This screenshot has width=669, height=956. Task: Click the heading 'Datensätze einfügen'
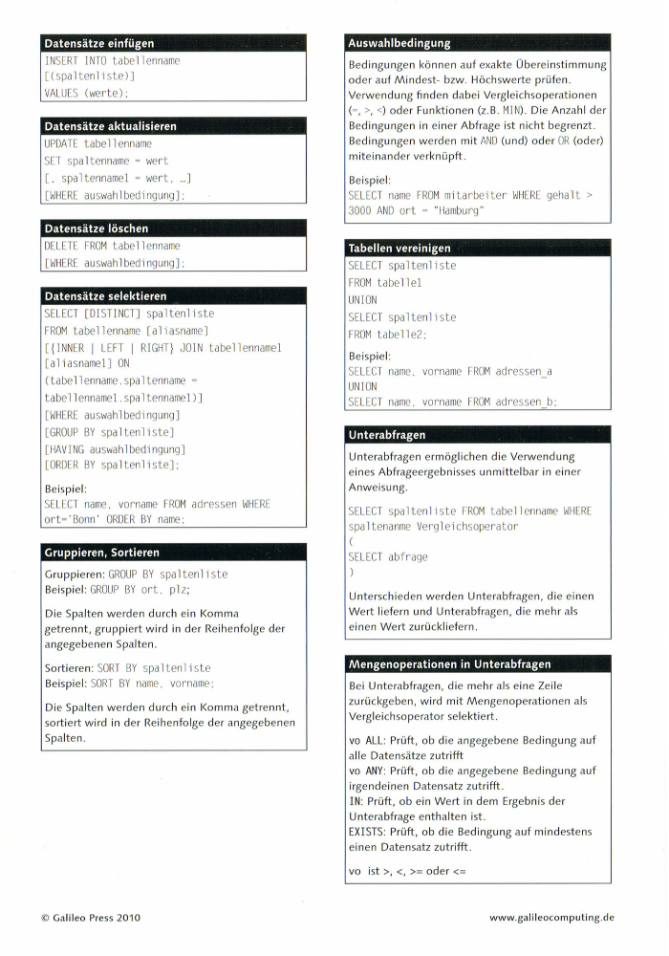(x=99, y=43)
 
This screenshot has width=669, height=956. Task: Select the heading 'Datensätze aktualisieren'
(x=111, y=126)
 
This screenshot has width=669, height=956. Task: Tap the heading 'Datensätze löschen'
(x=97, y=228)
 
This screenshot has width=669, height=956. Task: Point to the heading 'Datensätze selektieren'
(x=106, y=296)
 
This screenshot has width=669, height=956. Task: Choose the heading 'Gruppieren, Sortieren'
(x=102, y=553)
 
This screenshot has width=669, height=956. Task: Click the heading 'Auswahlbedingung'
(x=399, y=43)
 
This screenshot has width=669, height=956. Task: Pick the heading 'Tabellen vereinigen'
(x=399, y=249)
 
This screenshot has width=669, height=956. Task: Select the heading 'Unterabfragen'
(x=387, y=435)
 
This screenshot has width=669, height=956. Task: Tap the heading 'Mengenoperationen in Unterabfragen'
(x=449, y=663)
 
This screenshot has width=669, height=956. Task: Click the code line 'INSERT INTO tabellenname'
(x=112, y=60)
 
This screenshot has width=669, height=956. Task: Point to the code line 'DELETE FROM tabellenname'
(x=112, y=246)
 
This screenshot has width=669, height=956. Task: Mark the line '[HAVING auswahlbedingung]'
(x=115, y=448)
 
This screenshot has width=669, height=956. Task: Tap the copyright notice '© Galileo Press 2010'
(x=91, y=918)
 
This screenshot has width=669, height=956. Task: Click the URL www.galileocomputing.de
(x=551, y=918)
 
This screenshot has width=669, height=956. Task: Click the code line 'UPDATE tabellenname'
(x=98, y=143)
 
